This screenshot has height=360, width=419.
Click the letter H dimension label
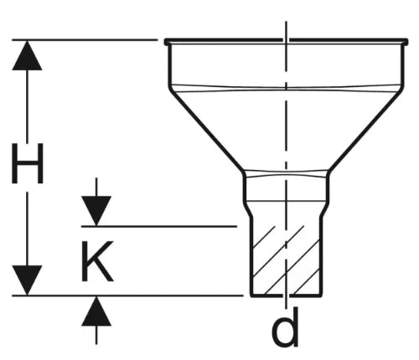tap(28, 163)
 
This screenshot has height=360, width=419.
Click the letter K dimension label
tap(97, 261)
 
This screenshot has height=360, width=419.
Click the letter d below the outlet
tap(285, 327)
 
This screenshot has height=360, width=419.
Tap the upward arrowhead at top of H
tap(27, 55)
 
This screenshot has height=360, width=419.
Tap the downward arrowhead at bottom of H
tap(27, 280)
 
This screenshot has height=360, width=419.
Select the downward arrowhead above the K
tap(96, 211)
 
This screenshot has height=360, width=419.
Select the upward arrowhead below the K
tap(96, 311)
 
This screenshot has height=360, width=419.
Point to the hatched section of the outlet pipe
tap(287, 260)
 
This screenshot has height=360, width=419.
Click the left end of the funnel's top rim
tap(166, 42)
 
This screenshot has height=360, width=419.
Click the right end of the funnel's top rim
tap(406, 42)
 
